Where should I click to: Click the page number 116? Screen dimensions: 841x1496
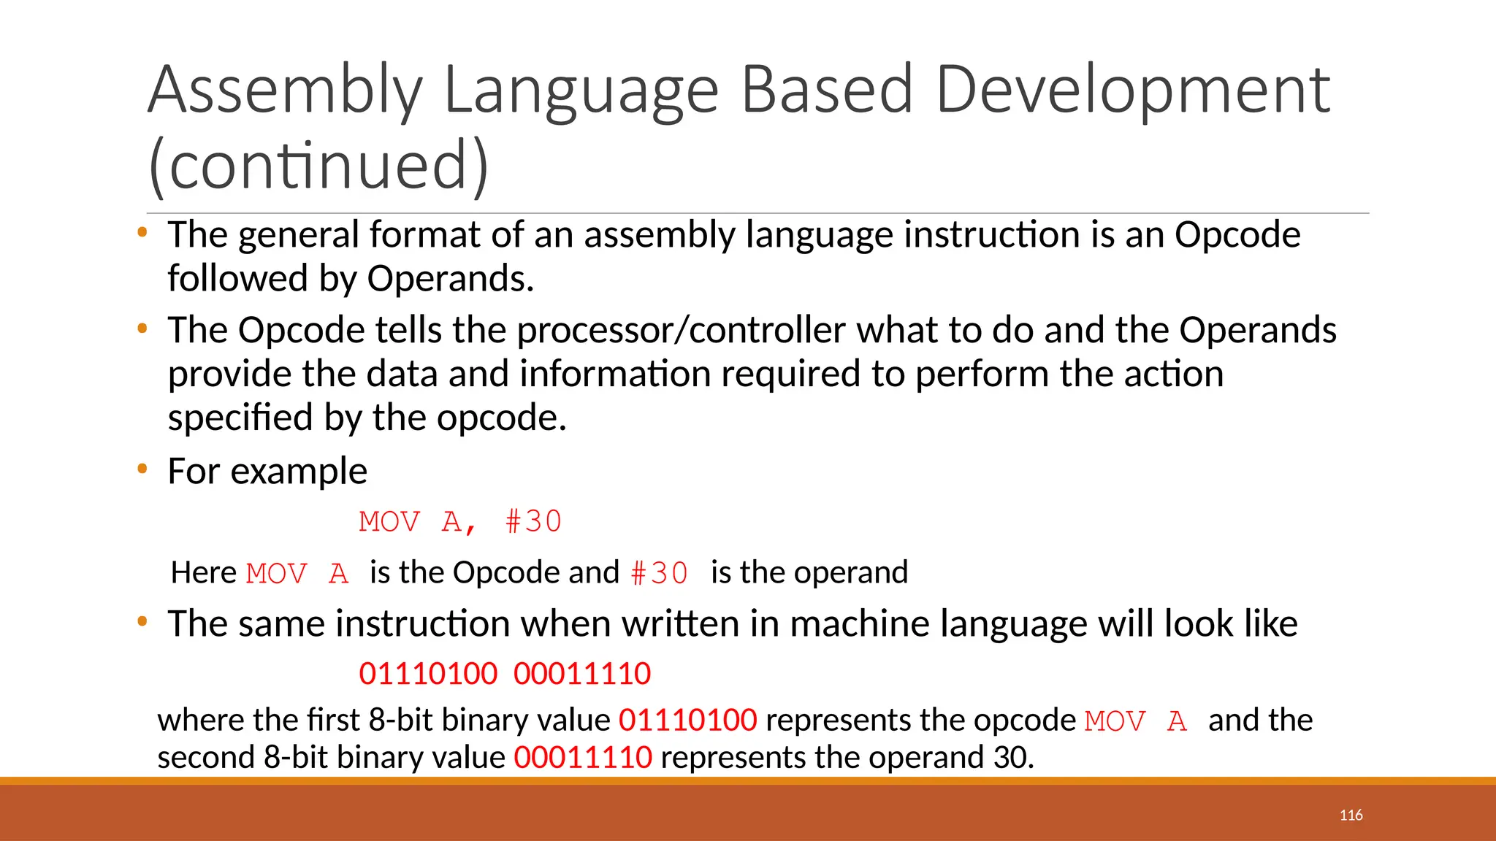[x=1351, y=815]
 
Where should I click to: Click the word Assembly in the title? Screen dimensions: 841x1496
[x=285, y=91]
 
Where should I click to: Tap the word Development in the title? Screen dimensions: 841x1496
[x=1133, y=91]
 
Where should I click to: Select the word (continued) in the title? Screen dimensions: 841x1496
[x=318, y=166]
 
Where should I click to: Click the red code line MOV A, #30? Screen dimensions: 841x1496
[x=460, y=522]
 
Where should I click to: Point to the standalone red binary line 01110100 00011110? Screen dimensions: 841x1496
[x=505, y=673]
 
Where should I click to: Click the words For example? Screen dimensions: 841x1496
[x=267, y=471]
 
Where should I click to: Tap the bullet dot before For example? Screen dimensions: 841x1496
[x=142, y=469]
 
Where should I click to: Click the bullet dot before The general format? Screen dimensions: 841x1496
[x=142, y=233]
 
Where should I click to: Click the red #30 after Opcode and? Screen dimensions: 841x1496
[x=660, y=573]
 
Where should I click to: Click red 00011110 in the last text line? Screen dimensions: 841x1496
[x=583, y=757]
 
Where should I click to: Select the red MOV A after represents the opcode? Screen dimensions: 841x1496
[x=1136, y=721]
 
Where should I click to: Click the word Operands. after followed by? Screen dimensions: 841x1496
[x=450, y=279]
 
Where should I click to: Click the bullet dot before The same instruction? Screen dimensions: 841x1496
[x=142, y=622]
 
